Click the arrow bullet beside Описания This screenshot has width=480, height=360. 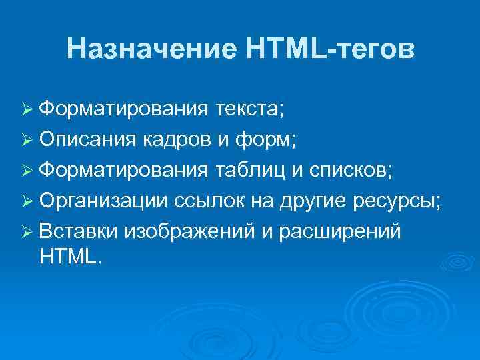click(29, 140)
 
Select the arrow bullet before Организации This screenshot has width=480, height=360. click(29, 201)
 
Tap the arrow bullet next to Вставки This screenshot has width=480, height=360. click(29, 232)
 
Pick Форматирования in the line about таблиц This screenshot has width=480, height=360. click(123, 170)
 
